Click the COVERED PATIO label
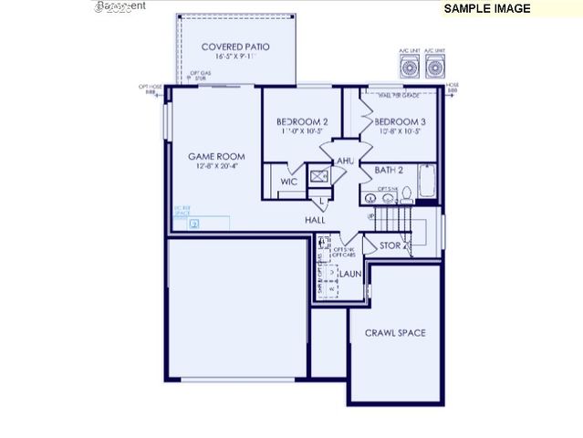coord(235,47)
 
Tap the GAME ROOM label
coord(216,156)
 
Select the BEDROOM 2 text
coord(302,121)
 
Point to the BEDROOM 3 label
coord(399,121)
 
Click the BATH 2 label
coord(389,170)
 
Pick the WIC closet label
coord(288,182)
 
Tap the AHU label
coord(345,162)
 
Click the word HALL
coord(316,220)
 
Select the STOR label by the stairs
coord(390,245)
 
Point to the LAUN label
coord(350,273)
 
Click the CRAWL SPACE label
coord(395,333)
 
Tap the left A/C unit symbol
coord(410,68)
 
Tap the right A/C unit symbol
coord(434,68)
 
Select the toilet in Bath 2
coord(407,193)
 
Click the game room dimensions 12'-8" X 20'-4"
coord(216,166)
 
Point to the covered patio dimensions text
coord(235,57)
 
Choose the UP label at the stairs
coord(371,217)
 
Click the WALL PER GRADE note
coord(394,94)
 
